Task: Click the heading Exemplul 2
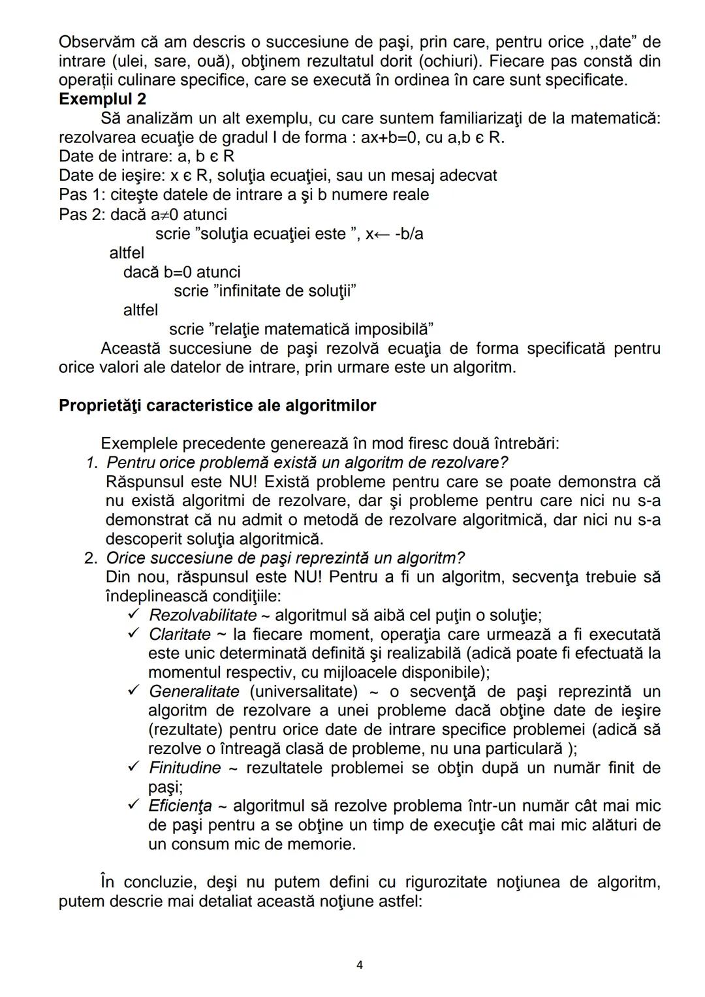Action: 102,99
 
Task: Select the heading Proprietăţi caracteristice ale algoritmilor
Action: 217,405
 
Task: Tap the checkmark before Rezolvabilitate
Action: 134,614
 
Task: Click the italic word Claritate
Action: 180,635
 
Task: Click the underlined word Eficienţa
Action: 180,806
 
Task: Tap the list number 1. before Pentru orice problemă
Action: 92,463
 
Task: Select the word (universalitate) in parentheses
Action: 303,691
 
